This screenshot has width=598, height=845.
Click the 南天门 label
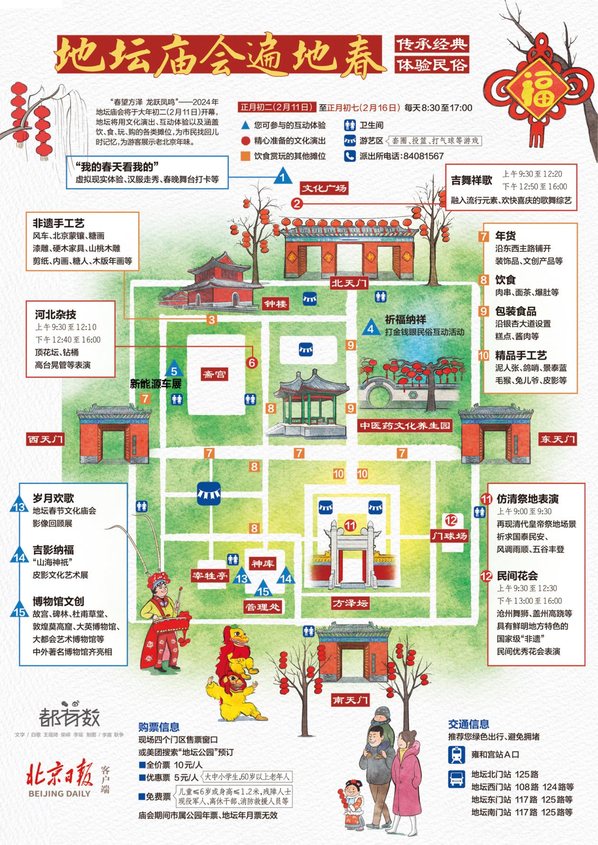[350, 700]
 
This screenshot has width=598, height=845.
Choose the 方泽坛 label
[350, 604]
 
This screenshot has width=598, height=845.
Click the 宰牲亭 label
[210, 576]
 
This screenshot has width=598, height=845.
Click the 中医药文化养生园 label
[404, 426]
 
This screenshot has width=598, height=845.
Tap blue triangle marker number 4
[371, 328]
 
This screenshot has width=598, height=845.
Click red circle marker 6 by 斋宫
[252, 362]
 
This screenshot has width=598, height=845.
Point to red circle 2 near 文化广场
[297, 204]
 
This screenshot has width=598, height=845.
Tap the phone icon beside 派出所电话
[350, 156]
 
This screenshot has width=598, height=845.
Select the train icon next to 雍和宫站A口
[458, 754]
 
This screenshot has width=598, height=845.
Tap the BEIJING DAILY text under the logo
[59, 793]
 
